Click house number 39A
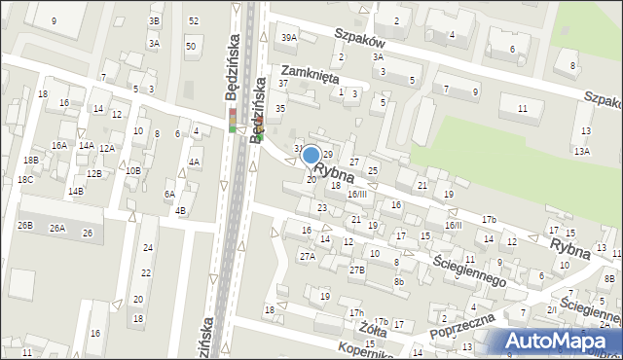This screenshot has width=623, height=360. point(288,37)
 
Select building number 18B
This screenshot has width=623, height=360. point(31,160)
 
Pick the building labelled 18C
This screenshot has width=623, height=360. point(24,180)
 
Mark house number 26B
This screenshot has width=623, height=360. point(24,226)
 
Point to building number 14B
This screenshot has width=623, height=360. point(75,192)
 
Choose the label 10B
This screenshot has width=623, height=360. point(132,170)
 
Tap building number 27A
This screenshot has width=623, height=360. point(307,257)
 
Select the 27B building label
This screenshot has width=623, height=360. point(357,270)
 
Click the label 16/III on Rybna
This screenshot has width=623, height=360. point(357,195)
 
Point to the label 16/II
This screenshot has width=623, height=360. point(454,225)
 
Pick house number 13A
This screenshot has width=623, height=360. point(581,152)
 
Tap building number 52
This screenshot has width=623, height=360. point(194,20)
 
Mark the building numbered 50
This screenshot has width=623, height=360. point(190,46)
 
